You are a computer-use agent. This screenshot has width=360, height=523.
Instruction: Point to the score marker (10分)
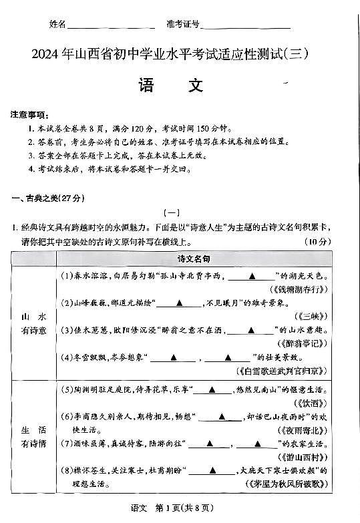pyautogui.click(x=317, y=241)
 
